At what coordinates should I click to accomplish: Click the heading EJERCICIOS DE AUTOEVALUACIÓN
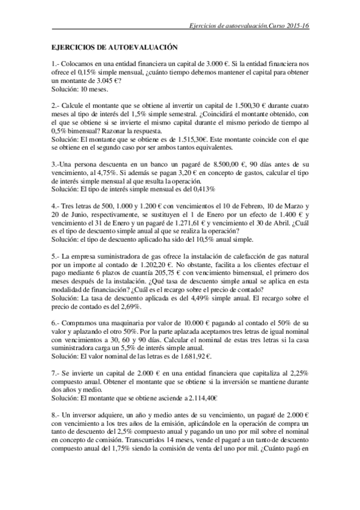[115, 46]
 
